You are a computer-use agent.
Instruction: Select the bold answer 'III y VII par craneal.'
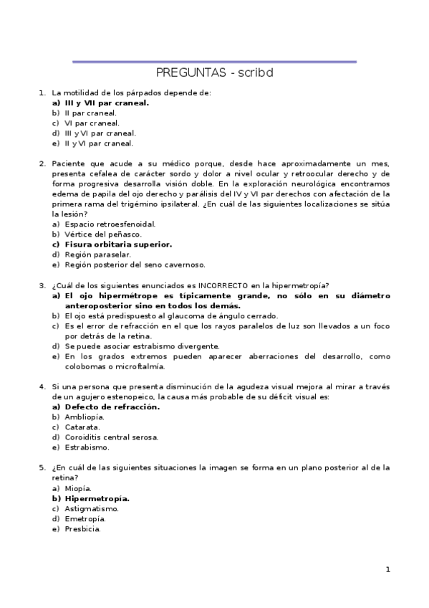point(107,103)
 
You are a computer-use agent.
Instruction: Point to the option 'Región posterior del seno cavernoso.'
point(135,265)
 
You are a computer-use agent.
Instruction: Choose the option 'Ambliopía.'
point(85,417)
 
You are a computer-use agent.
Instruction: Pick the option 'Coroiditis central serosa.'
point(112,437)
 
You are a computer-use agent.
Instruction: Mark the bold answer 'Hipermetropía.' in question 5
point(97,498)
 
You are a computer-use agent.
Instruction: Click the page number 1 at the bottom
point(387,570)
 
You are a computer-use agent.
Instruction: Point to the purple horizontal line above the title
point(214,62)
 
